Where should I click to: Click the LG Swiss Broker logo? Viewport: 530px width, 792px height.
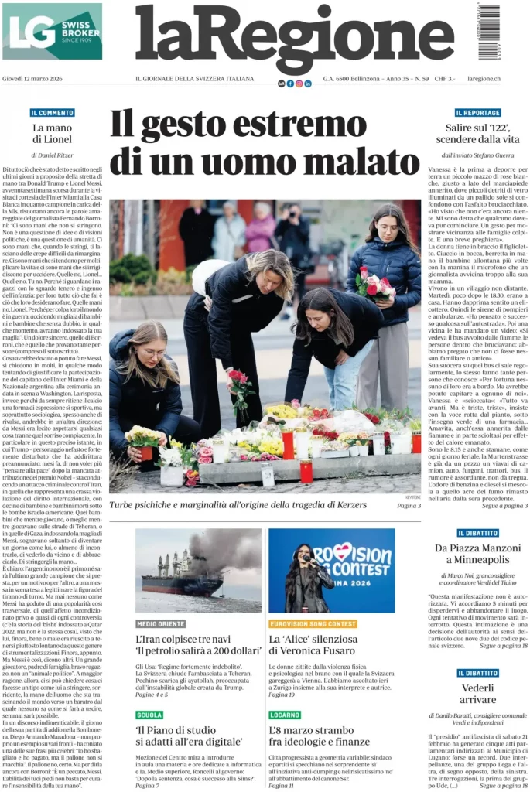click(x=52, y=31)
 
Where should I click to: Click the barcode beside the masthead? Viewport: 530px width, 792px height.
click(x=489, y=32)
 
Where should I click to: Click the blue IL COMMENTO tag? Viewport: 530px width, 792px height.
click(x=53, y=113)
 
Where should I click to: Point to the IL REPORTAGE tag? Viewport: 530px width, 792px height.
click(x=477, y=113)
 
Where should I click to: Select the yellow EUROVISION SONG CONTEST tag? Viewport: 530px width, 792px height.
click(x=313, y=623)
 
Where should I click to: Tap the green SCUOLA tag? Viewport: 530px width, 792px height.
click(x=149, y=715)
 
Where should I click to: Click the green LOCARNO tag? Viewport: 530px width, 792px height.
click(x=286, y=715)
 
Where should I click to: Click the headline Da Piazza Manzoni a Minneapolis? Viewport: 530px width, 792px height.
click(x=477, y=555)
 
